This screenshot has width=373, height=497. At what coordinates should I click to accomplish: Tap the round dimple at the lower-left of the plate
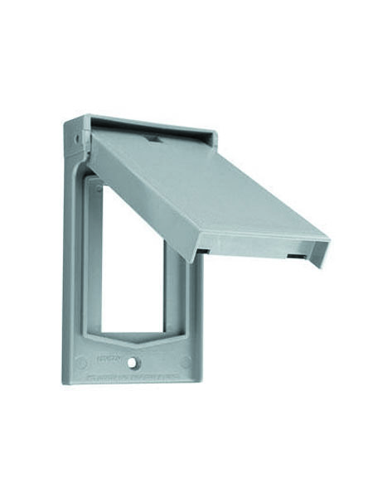tap(81, 363)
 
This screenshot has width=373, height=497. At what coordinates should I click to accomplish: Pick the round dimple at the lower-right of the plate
tap(185, 361)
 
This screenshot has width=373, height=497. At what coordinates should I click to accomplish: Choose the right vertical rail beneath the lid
tap(177, 290)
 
